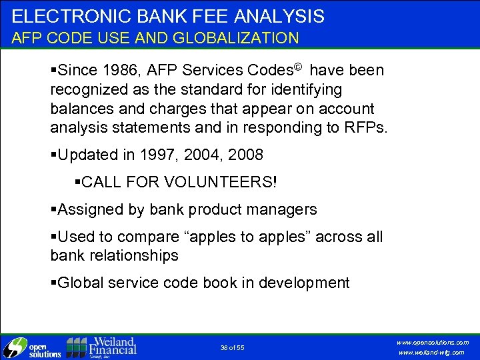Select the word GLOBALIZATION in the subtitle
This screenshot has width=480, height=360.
tap(237, 38)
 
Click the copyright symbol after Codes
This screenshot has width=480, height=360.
tap(300, 67)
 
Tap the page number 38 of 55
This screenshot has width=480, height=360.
tap(232, 347)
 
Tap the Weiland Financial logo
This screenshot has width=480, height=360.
tap(101, 347)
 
